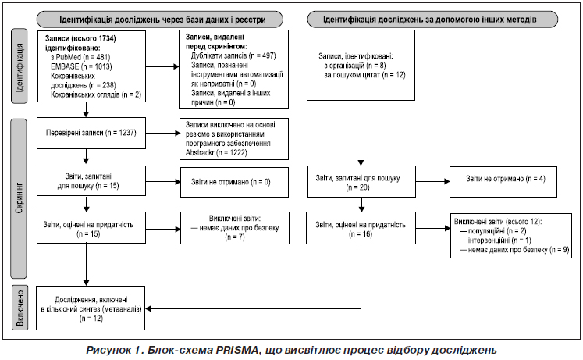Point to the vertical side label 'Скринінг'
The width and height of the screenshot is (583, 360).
tap(19, 198)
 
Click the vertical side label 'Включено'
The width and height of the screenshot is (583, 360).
tap(20, 308)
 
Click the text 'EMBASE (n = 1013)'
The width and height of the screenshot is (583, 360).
tap(81, 66)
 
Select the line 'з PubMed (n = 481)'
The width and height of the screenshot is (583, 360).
tap(80, 57)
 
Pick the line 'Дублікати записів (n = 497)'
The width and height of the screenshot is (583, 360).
tap(233, 55)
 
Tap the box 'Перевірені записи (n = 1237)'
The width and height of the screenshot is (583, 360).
tap(91, 133)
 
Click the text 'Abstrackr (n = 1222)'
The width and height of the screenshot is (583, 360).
tap(216, 152)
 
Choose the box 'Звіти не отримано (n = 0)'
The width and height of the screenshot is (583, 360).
tap(234, 182)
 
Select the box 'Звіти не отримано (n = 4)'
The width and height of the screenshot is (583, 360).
tap(503, 182)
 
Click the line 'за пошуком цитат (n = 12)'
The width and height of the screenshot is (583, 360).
tap(364, 75)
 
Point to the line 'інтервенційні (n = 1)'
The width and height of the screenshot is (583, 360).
tap(496, 241)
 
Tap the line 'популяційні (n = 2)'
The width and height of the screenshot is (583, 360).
tap(493, 231)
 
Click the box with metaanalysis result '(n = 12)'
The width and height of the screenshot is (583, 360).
tap(91, 308)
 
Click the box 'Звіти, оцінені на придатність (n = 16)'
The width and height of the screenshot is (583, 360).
tap(361, 228)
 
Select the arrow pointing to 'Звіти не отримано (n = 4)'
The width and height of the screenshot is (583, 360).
tap(432, 182)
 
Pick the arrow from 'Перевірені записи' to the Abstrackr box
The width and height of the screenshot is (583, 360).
tap(163, 133)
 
